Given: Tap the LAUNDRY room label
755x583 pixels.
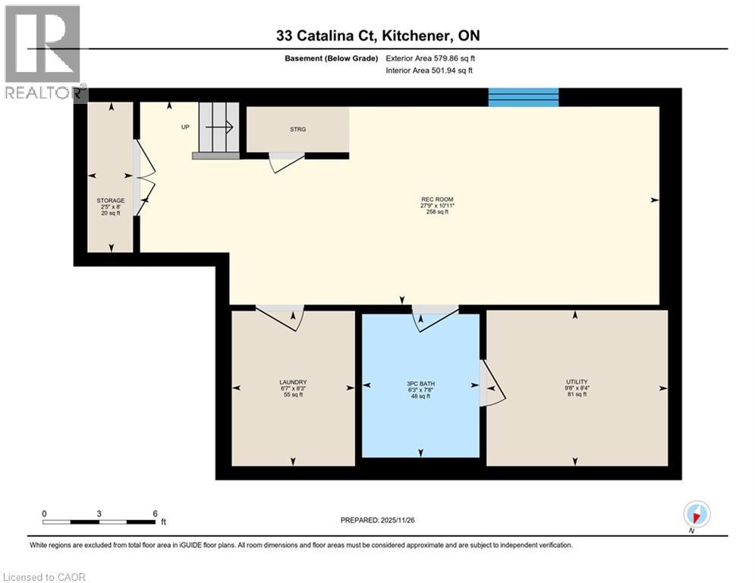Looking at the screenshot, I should pyautogui.click(x=292, y=383).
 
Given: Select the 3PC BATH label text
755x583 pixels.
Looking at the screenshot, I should pyautogui.click(x=420, y=383).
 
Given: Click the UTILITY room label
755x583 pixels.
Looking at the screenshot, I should pyautogui.click(x=576, y=382).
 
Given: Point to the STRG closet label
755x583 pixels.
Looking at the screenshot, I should pyautogui.click(x=298, y=130).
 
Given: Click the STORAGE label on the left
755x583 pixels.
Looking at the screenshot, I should pyautogui.click(x=110, y=201).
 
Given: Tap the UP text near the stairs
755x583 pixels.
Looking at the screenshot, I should pyautogui.click(x=184, y=127).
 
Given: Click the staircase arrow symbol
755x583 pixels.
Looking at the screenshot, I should pyautogui.click(x=223, y=128).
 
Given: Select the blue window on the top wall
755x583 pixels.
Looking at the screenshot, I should pyautogui.click(x=523, y=97).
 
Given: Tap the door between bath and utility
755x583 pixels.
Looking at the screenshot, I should pyautogui.click(x=491, y=383).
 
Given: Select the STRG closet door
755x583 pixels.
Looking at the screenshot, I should pyautogui.click(x=286, y=161).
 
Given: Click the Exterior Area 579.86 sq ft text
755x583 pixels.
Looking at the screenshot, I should pyautogui.click(x=430, y=58).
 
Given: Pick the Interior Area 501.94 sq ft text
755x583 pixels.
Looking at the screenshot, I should pyautogui.click(x=429, y=70).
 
